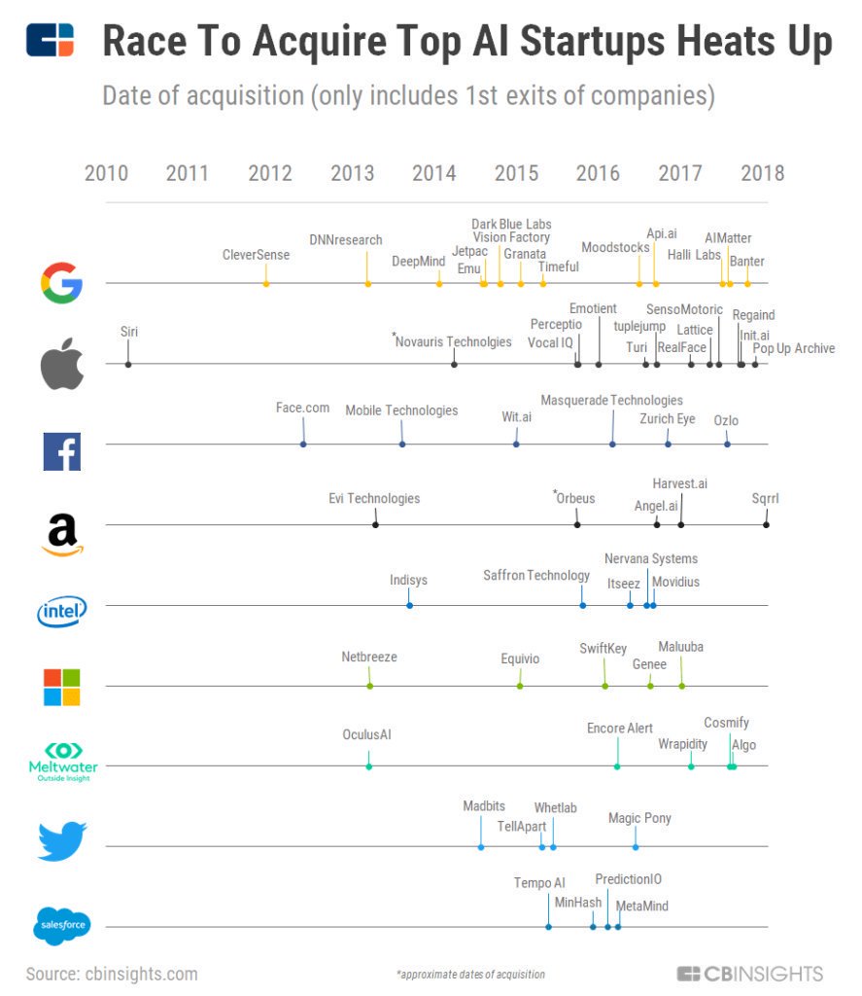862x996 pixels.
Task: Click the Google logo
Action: click(x=61, y=284)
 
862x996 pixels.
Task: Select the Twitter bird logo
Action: click(x=61, y=841)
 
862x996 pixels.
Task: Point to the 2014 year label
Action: click(x=433, y=174)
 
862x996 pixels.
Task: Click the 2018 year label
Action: click(x=762, y=174)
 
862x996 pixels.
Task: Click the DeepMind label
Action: click(x=418, y=261)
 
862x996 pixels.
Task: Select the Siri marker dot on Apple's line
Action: click(x=128, y=364)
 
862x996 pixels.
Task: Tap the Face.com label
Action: click(x=302, y=408)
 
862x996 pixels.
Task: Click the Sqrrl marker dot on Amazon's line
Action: click(x=766, y=524)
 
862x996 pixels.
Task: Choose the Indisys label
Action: click(x=408, y=580)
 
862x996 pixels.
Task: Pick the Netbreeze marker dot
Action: click(x=369, y=686)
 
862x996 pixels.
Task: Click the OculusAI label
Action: click(x=366, y=734)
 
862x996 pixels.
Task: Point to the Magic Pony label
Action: click(x=639, y=818)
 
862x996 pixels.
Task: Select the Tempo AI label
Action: click(x=539, y=883)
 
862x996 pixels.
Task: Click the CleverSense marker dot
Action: click(x=265, y=283)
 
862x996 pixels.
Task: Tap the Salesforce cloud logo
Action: click(x=61, y=926)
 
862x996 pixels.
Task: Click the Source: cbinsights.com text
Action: click(x=112, y=974)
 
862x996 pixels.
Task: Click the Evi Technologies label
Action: click(x=374, y=498)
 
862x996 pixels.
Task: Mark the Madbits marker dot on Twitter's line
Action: click(x=481, y=846)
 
